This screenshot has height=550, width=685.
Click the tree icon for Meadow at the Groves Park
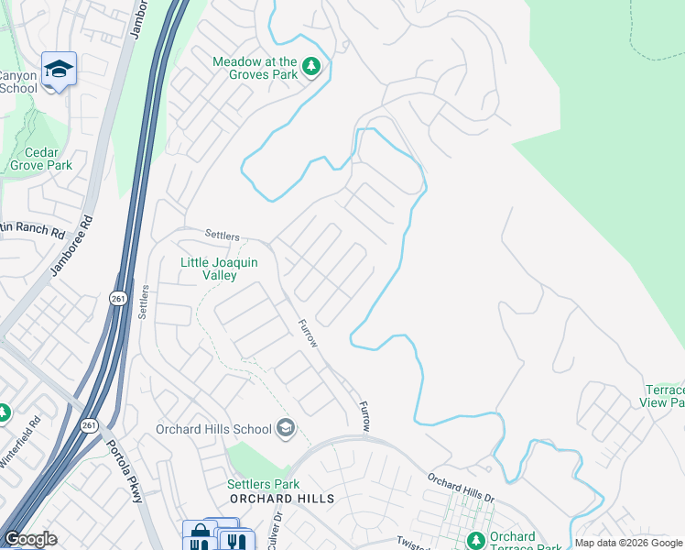click(311, 67)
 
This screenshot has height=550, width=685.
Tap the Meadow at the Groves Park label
click(255, 68)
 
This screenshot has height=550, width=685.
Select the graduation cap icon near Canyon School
click(59, 70)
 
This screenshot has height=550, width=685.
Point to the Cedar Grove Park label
click(41, 159)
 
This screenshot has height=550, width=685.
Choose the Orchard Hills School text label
click(213, 429)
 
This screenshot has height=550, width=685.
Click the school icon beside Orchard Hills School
click(286, 428)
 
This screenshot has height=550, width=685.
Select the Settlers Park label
click(264, 484)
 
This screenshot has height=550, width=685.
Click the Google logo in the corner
click(30, 539)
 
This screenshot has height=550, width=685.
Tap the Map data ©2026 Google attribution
click(627, 543)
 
